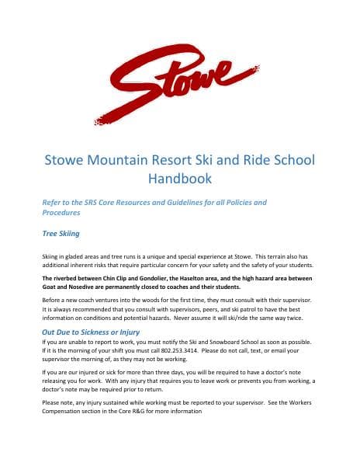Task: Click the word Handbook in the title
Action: (x=180, y=179)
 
